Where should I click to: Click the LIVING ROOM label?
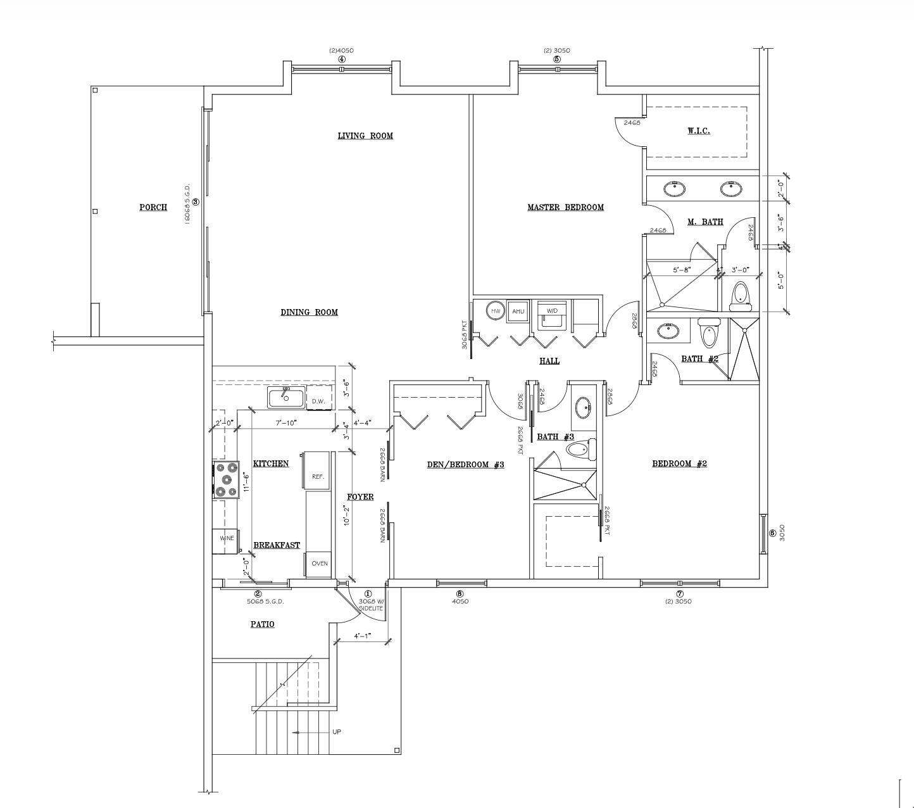[x=365, y=136]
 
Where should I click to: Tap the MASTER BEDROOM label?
[x=565, y=207]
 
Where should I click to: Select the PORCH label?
[x=153, y=207]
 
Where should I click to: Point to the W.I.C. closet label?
[x=699, y=131]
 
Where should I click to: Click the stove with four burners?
[x=226, y=479]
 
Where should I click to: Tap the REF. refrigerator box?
[x=318, y=476]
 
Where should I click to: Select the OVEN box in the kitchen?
[x=320, y=563]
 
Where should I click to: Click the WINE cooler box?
[x=227, y=538]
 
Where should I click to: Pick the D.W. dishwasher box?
[x=318, y=401]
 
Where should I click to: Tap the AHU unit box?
[x=518, y=311]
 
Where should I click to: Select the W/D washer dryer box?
[x=552, y=312]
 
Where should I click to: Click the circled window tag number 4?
[x=342, y=60]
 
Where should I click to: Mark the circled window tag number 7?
[x=680, y=594]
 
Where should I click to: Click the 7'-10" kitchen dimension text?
[x=286, y=422]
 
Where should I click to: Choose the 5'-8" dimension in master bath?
[x=681, y=270]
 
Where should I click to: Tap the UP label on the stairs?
[x=337, y=732]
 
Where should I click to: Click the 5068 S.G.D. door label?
[x=265, y=602]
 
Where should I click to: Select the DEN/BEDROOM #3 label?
[x=465, y=465]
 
